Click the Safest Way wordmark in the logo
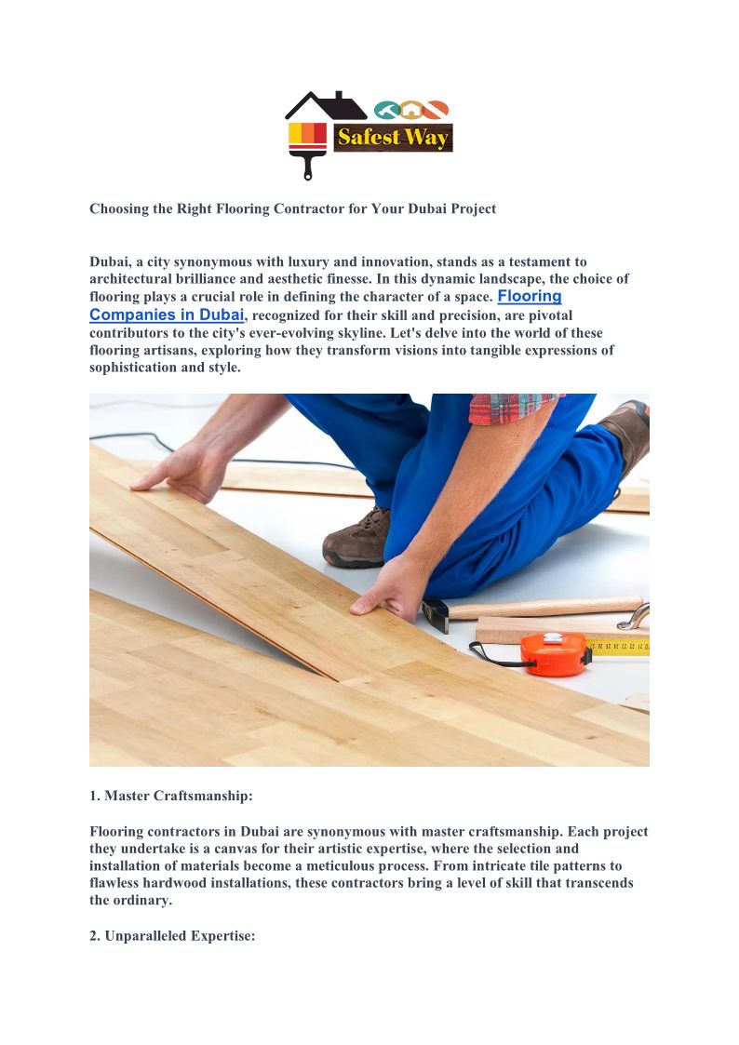point(393,138)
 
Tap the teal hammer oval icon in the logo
point(386,110)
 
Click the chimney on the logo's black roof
point(338,98)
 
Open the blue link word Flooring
point(530,296)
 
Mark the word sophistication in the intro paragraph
point(134,367)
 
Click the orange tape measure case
point(554,653)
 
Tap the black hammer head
point(434,611)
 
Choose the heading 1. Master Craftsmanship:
point(171,796)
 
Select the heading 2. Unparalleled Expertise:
point(172,935)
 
